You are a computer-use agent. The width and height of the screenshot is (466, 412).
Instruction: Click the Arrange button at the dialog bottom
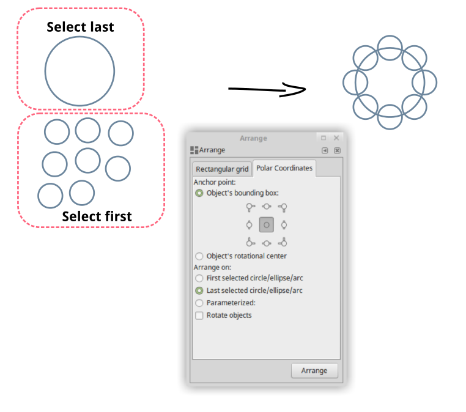[314, 370]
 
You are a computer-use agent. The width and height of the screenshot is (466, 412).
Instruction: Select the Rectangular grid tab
[222, 169]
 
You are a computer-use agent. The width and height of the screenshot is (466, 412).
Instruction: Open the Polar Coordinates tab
[284, 168]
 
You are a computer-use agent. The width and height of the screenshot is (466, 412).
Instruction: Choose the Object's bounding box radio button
[199, 193]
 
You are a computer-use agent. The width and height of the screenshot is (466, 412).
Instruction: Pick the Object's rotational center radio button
[199, 256]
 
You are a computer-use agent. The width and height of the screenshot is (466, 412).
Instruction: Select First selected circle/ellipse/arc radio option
[199, 278]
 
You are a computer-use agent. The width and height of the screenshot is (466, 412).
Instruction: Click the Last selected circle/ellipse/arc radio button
[199, 290]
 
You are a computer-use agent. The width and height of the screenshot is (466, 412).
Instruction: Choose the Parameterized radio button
[199, 303]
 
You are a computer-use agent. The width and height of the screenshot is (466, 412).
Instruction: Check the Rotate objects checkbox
[199, 315]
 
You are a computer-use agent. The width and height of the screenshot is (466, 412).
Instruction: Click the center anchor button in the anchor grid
[267, 225]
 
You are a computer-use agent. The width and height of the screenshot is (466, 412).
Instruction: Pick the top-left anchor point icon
[250, 207]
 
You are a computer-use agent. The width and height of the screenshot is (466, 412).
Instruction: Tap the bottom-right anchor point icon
[283, 243]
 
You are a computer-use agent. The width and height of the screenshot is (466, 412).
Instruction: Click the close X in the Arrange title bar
[336, 138]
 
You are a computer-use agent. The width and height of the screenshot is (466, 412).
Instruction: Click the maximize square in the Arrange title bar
[324, 138]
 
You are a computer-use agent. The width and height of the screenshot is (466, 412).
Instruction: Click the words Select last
[80, 27]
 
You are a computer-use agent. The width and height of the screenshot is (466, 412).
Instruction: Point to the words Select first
[97, 216]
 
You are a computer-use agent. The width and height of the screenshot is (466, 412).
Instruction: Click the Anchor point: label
[215, 182]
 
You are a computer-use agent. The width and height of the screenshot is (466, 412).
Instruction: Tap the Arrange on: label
[212, 267]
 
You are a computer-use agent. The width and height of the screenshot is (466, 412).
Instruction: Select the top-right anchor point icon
[283, 207]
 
